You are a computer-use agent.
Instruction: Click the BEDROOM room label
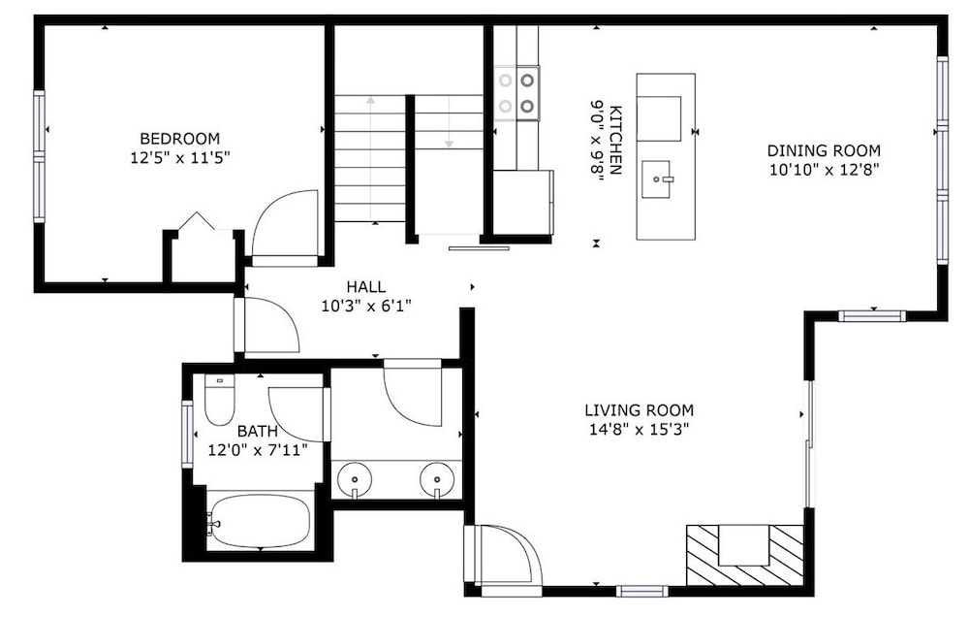tap(180, 138)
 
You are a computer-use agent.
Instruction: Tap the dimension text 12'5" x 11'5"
tap(180, 158)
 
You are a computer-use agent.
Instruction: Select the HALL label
tap(366, 286)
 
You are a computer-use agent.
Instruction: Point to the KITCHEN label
tap(615, 140)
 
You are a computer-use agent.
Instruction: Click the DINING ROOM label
tap(824, 150)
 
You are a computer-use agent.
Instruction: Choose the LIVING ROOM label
tap(639, 409)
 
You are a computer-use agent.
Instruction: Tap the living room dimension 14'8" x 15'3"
tap(639, 429)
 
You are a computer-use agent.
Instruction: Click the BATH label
tap(257, 431)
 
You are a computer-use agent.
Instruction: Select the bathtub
tap(258, 521)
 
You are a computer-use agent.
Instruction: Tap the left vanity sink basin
tap(355, 479)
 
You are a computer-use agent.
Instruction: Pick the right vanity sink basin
tap(438, 479)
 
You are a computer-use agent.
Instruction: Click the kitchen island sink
tap(656, 179)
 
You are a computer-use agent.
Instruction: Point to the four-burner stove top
tap(516, 93)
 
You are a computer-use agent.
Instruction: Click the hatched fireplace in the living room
tap(745, 555)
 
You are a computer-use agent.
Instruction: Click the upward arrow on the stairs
tap(370, 159)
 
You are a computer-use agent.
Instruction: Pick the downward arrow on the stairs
tap(450, 122)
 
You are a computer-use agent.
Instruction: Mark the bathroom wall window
tap(187, 434)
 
